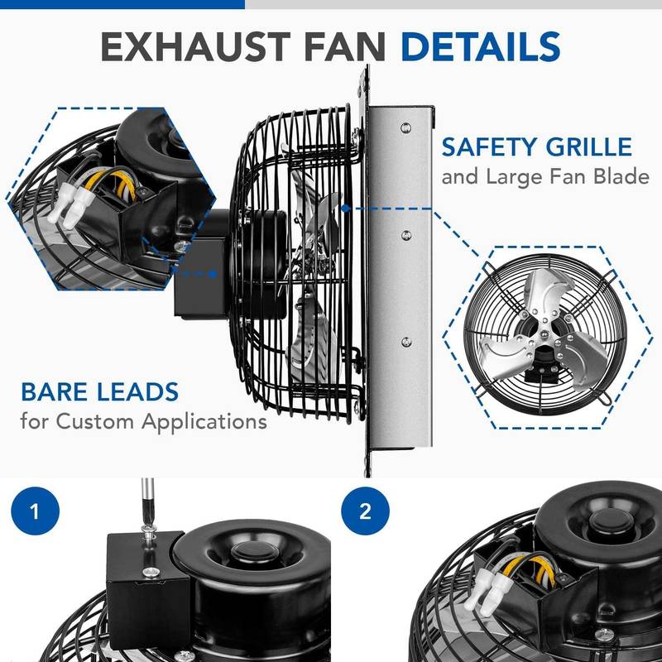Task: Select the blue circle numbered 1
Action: (35, 511)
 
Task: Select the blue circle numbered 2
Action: (366, 511)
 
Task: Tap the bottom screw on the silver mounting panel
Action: (405, 341)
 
